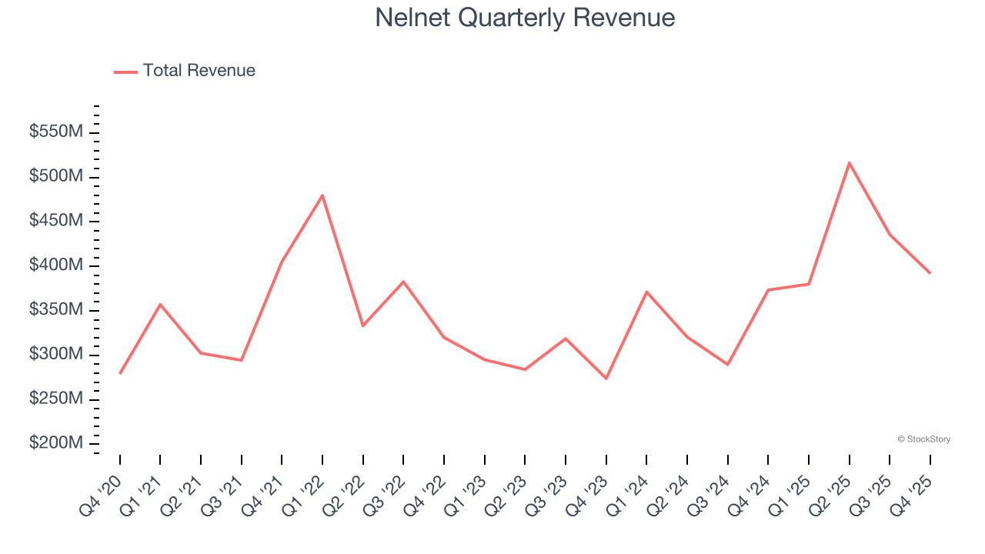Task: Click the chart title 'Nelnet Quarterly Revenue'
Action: tap(525, 18)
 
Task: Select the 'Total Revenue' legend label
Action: tap(199, 71)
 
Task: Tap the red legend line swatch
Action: tap(125, 72)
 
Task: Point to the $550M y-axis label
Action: tap(56, 132)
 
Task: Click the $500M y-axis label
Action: tap(56, 177)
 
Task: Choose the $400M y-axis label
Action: tap(56, 265)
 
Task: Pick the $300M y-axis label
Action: tap(56, 355)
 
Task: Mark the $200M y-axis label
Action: tap(56, 444)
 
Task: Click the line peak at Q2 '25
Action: tap(849, 162)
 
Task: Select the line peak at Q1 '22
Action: tap(322, 195)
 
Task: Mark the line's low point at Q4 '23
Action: tap(606, 379)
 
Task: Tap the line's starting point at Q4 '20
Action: tap(120, 373)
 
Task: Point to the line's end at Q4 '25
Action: tap(930, 273)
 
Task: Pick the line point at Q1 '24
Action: tap(646, 292)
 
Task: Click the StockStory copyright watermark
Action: tap(923, 439)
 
